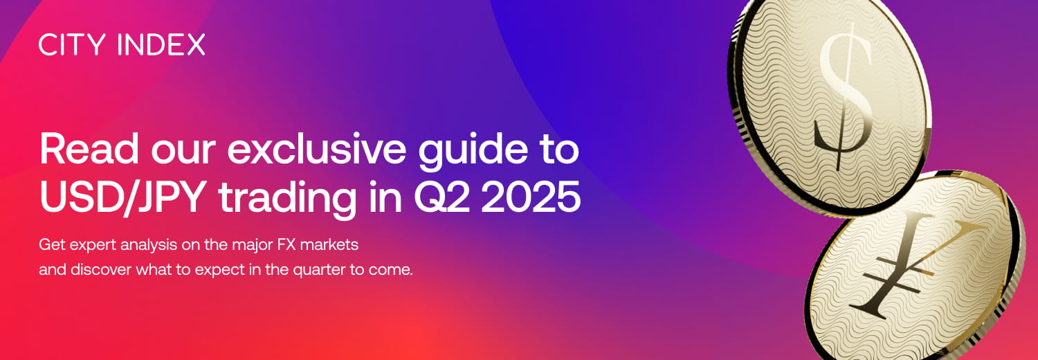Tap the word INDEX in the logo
click(162, 45)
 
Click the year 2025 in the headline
click(531, 197)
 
